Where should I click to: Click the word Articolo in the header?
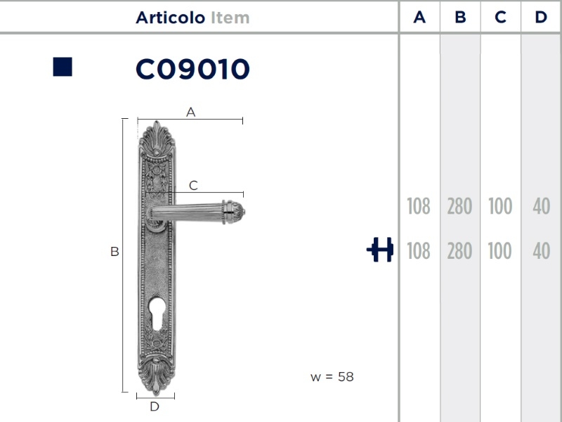[170, 18]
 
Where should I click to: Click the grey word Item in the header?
[230, 18]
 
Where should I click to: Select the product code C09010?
[192, 69]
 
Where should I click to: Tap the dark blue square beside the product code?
[63, 67]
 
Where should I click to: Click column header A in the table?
[419, 17]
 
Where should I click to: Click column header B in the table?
[460, 17]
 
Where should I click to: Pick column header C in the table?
[500, 17]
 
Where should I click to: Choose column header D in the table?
[541, 17]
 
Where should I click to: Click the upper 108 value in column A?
[419, 206]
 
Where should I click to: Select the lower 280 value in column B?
[459, 251]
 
